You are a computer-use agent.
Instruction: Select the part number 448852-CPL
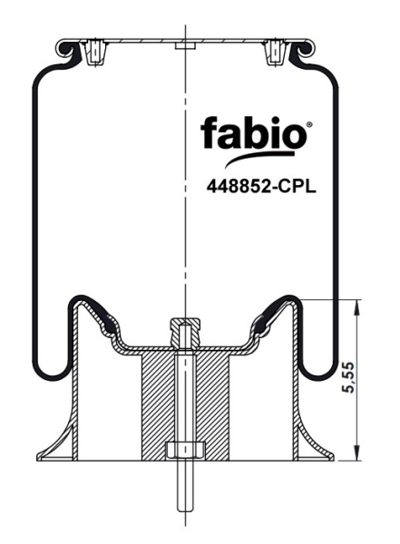[x=261, y=188]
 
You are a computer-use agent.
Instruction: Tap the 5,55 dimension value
[x=348, y=377]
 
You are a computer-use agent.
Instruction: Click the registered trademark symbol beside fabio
[x=309, y=123]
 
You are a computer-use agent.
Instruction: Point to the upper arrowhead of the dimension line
[x=356, y=307]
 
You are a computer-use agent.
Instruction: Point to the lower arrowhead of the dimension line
[x=356, y=452]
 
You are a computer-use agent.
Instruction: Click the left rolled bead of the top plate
[x=65, y=49]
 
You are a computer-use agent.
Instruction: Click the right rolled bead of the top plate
[x=306, y=49]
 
